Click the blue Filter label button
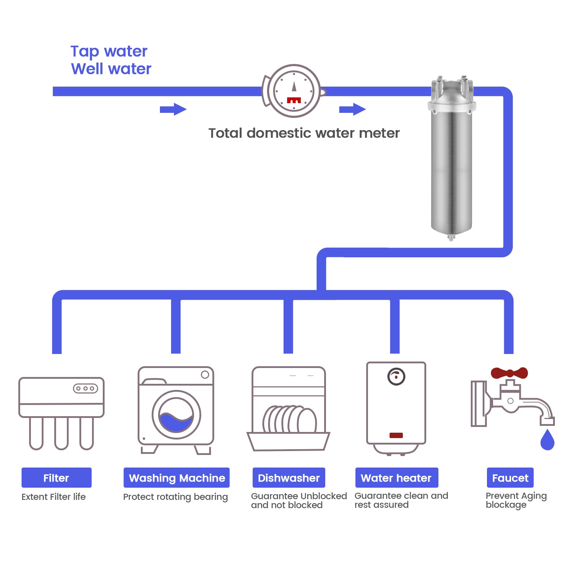(56, 478)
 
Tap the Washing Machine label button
(176, 478)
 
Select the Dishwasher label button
(289, 478)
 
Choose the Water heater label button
(397, 478)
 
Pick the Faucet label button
(510, 478)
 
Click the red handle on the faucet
(509, 373)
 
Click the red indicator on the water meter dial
(294, 100)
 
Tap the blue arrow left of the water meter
(173, 109)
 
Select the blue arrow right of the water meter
(353, 109)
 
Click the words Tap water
(109, 52)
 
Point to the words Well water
(111, 69)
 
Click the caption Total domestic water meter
(304, 133)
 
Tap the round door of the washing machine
(176, 415)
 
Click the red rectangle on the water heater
(396, 435)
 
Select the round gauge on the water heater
(396, 377)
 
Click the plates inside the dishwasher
(290, 419)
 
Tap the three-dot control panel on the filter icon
(86, 388)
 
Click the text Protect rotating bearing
(175, 497)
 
